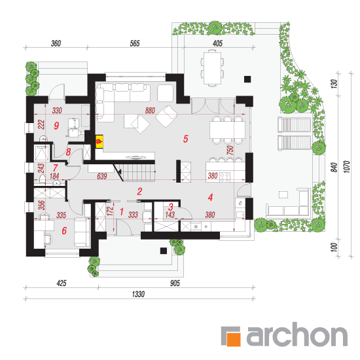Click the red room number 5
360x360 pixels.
[185, 139]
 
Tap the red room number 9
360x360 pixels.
[56, 126]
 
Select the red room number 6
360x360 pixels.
[64, 230]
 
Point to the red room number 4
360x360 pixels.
[210, 197]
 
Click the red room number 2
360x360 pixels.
[139, 192]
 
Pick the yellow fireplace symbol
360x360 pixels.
[99, 141]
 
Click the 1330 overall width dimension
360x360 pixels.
[138, 294]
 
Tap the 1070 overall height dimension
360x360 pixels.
[347, 167]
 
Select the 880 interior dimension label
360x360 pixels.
[150, 111]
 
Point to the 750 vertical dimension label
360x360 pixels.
[230, 150]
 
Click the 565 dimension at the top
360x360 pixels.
[135, 43]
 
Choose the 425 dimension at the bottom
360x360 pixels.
[62, 283]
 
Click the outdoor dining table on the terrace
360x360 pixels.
[212, 69]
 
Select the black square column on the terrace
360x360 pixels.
[247, 79]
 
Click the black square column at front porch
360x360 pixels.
[163, 251]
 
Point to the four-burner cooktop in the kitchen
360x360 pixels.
[225, 177]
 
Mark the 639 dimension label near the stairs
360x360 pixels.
[102, 176]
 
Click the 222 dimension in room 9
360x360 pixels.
[41, 124]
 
